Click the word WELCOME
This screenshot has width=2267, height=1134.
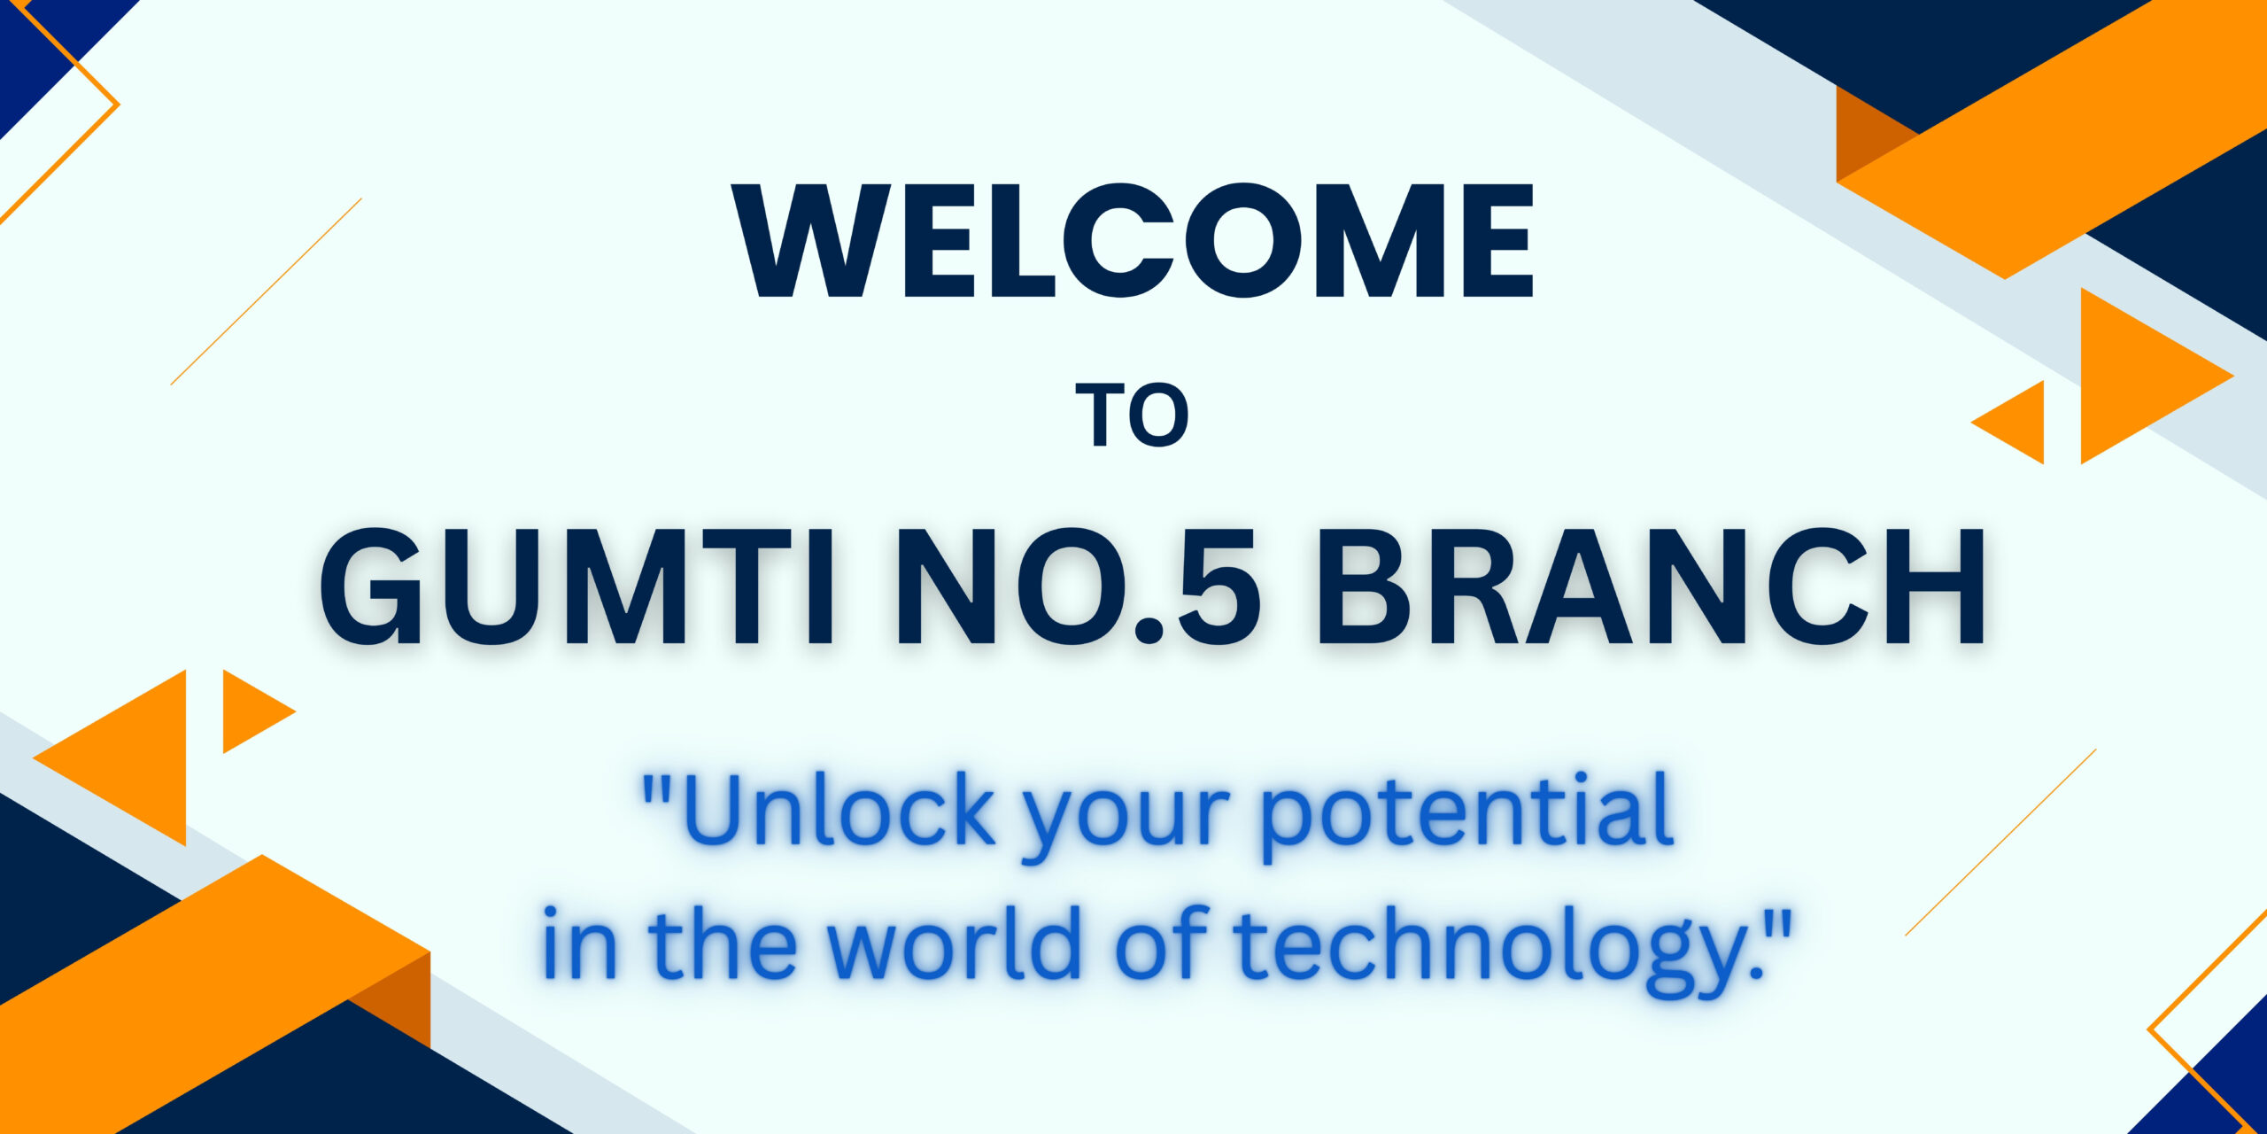(1133, 240)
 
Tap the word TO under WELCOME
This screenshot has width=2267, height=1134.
(1133, 416)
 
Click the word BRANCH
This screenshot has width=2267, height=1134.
(1651, 586)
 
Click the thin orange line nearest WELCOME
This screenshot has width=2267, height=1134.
(266, 291)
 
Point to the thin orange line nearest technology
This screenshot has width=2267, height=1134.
(2000, 843)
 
